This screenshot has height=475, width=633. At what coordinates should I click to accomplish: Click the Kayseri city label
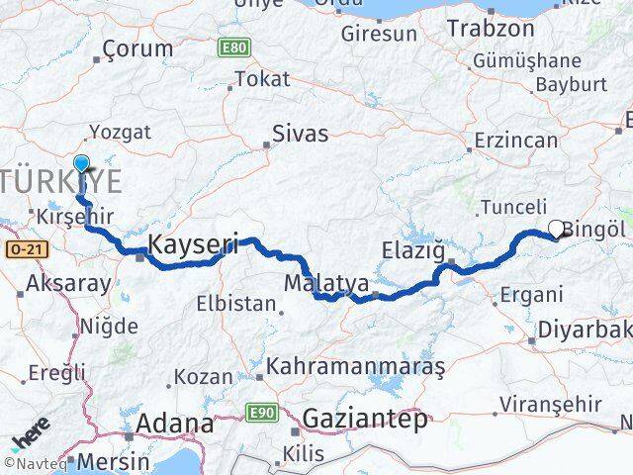(x=193, y=245)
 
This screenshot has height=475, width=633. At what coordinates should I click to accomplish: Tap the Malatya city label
(x=326, y=284)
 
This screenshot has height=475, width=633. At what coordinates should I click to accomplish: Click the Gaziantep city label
(x=366, y=419)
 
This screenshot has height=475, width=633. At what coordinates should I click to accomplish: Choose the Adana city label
(x=176, y=426)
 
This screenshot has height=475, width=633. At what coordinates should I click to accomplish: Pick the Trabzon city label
(x=491, y=28)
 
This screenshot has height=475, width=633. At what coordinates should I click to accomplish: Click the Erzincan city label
(x=515, y=141)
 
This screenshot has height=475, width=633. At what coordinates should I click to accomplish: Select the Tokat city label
(x=263, y=79)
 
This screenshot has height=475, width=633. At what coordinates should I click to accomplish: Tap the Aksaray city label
(x=70, y=283)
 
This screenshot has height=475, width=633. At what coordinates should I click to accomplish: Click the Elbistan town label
(x=235, y=303)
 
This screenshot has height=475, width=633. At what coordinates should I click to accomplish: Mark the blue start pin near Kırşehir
(x=81, y=165)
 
